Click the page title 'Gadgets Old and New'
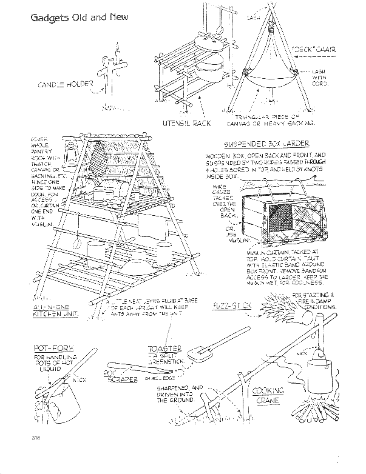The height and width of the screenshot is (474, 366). (x=79, y=17)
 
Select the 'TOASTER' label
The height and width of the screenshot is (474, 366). (x=165, y=349)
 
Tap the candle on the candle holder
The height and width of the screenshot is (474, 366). (x=116, y=47)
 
